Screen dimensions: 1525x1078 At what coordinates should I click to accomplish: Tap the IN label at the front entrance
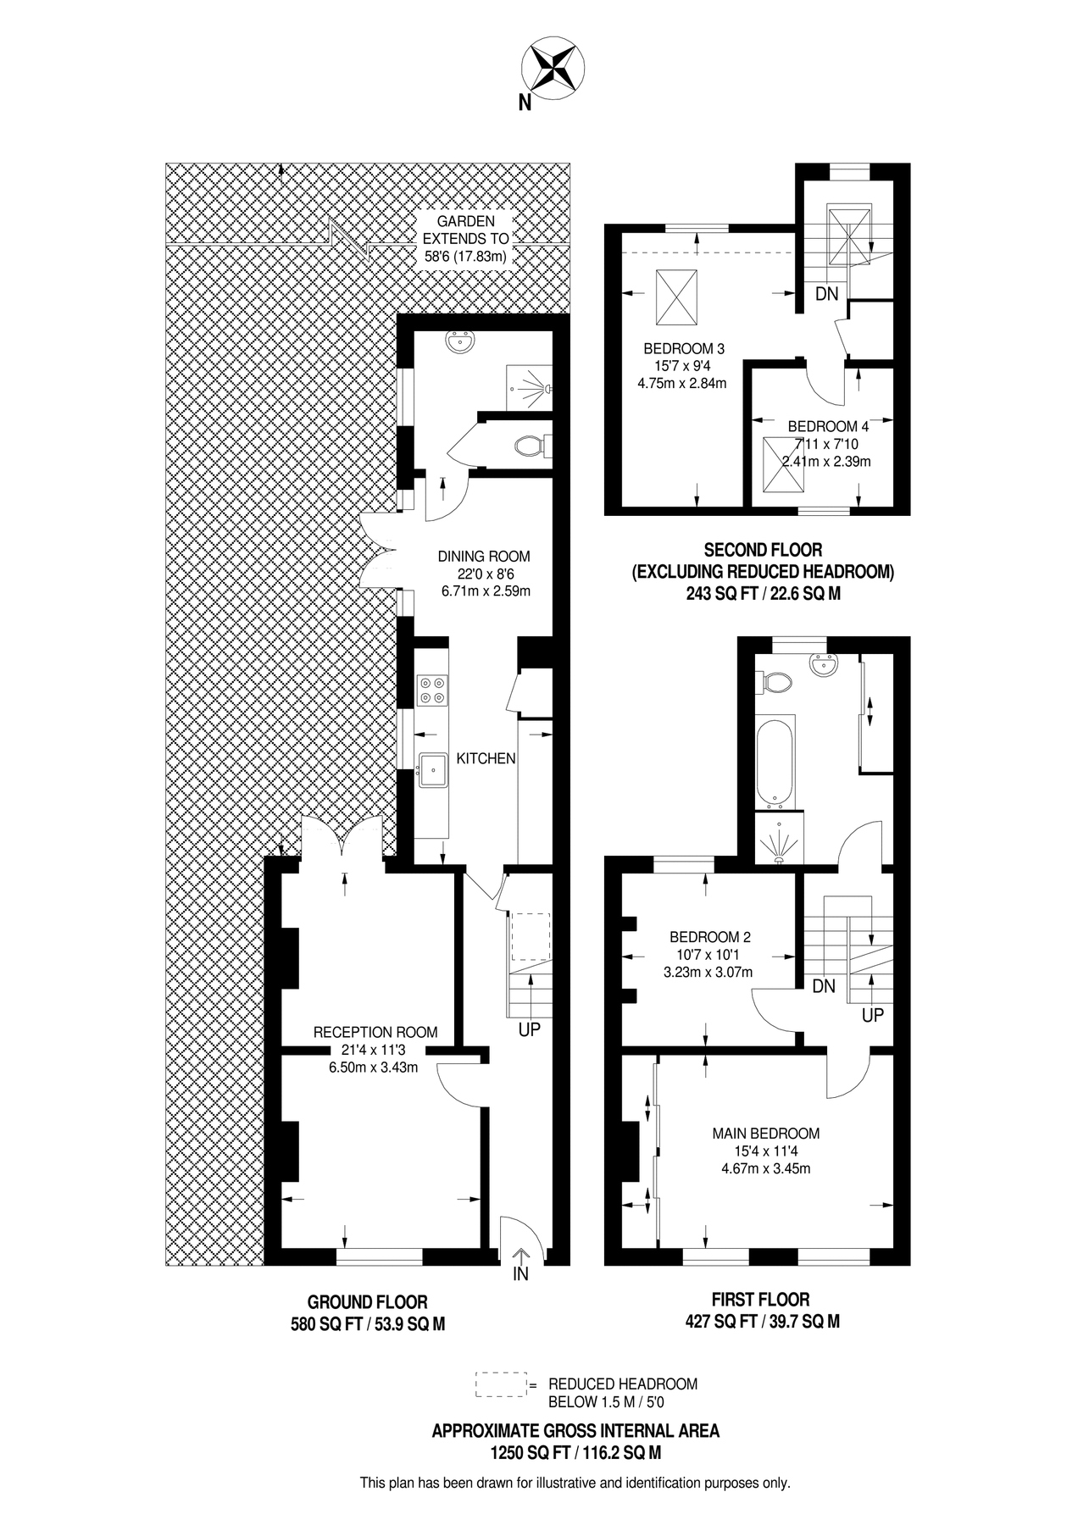pos(521,1274)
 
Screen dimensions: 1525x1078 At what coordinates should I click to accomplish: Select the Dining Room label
pos(484,557)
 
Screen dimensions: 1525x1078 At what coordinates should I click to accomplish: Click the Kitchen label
pos(486,758)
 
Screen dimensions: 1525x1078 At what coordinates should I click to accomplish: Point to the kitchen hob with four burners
pos(433,690)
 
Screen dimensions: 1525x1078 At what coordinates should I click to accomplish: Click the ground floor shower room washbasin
pos(461,343)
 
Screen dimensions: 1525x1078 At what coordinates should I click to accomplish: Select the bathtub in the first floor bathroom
pos(775,762)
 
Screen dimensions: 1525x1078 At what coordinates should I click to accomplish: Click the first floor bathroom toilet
pos(776,681)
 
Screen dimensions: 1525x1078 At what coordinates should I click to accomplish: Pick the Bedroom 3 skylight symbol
pos(676,297)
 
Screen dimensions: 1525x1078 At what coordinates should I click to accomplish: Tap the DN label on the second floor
pos(826,294)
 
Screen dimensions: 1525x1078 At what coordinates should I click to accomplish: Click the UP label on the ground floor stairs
pos(530,1029)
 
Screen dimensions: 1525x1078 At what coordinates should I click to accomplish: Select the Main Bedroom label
pos(765,1134)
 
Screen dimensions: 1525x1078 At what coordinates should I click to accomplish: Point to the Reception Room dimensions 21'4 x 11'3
pos(374,1051)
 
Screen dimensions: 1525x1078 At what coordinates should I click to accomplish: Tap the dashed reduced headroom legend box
pos(501,1384)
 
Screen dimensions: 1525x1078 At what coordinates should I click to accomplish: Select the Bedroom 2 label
pos(709,937)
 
